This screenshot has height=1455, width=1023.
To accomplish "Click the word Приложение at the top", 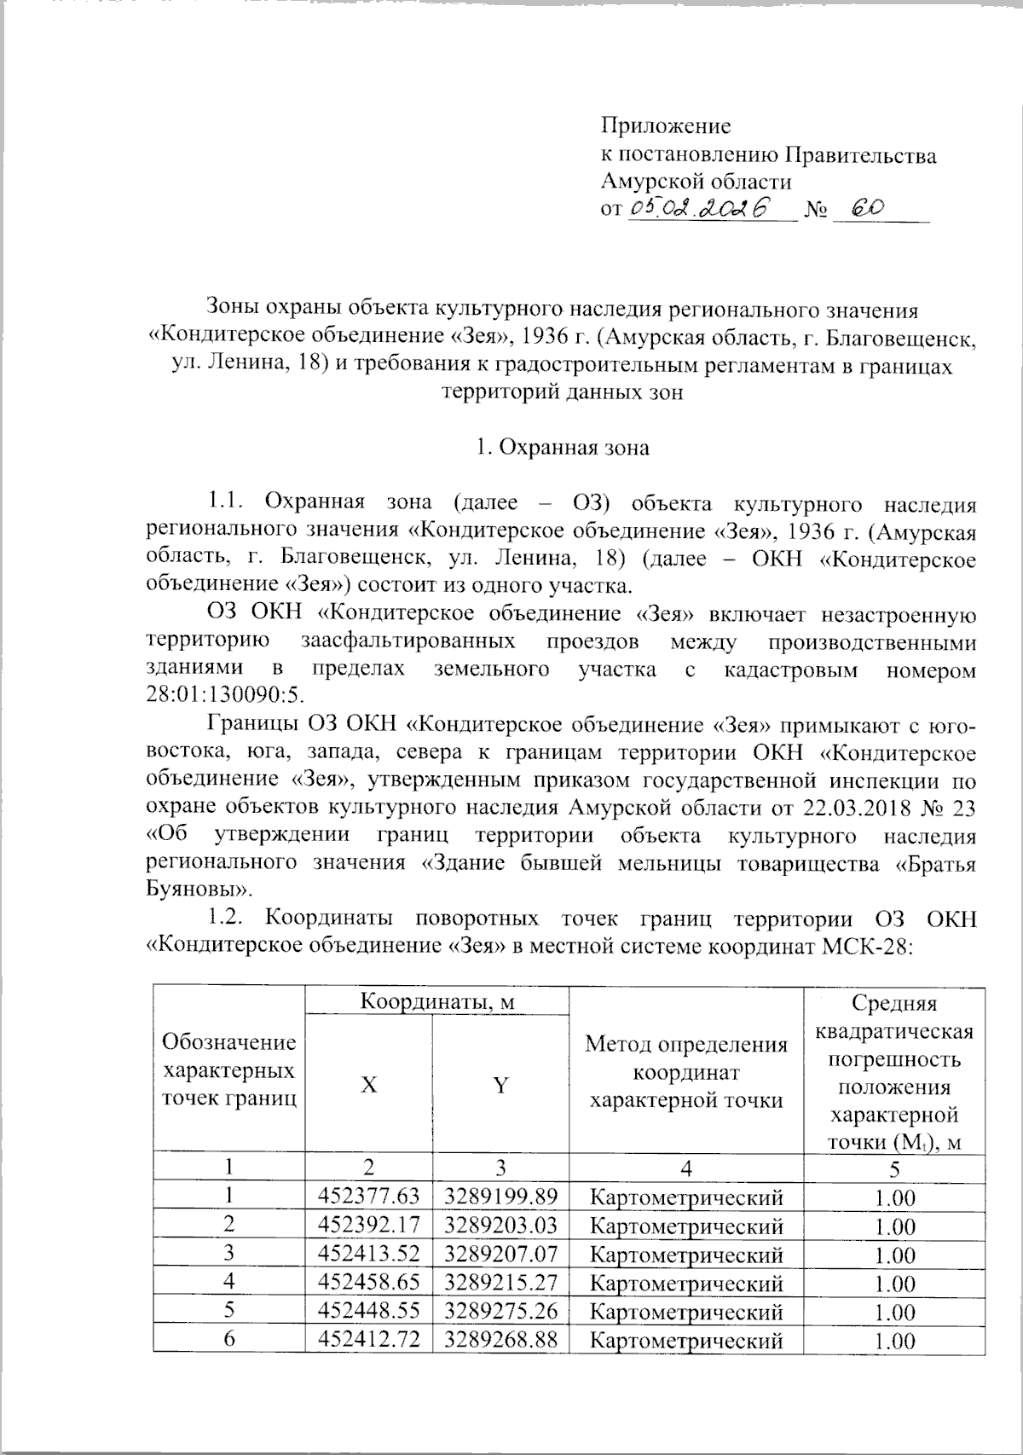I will pyautogui.click(x=666, y=127).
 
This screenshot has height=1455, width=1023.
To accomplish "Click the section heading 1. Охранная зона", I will pyautogui.click(x=563, y=447).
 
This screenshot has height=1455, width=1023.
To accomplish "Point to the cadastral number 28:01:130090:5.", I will pyautogui.click(x=223, y=693).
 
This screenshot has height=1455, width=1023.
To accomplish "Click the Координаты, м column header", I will pyautogui.click(x=436, y=1000).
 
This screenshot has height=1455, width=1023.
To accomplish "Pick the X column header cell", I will pyautogui.click(x=368, y=1085).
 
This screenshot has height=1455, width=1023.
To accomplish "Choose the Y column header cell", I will pyautogui.click(x=500, y=1085).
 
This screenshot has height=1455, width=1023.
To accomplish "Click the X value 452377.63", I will pyautogui.click(x=368, y=1198).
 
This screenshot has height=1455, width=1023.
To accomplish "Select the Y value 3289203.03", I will pyautogui.click(x=500, y=1226).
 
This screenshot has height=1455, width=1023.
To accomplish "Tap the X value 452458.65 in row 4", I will pyautogui.click(x=368, y=1284).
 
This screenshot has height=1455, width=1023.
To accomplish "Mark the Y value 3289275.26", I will pyautogui.click(x=500, y=1312).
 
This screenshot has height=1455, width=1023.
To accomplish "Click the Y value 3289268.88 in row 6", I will pyautogui.click(x=500, y=1340).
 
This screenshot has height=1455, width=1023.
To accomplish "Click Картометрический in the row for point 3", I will pyautogui.click(x=686, y=1255).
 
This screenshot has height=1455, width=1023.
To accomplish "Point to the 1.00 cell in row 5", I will pyautogui.click(x=895, y=1313).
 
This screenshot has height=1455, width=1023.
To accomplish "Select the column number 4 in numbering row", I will pyautogui.click(x=686, y=1168).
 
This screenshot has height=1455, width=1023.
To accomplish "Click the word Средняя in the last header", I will pyautogui.click(x=895, y=1006).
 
